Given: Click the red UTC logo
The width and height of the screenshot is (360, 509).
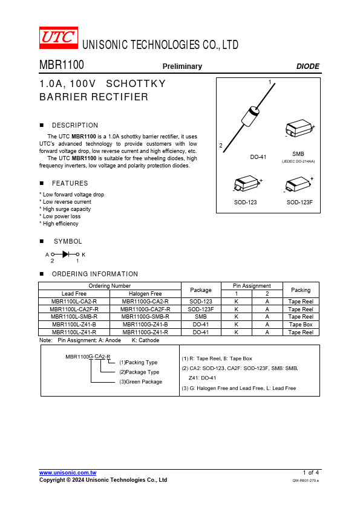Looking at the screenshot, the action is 59,37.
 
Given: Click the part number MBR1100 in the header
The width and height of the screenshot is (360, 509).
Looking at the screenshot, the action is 62,65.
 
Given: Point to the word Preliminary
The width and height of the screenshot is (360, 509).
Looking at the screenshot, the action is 182,66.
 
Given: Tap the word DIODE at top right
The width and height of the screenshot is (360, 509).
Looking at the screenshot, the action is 308,66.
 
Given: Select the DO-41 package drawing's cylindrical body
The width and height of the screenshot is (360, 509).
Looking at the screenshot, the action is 250,116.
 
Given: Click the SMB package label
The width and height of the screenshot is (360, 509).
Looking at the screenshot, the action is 298,154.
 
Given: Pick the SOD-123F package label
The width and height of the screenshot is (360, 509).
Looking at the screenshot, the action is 299,203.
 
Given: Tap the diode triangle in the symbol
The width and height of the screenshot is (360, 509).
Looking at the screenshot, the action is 65,254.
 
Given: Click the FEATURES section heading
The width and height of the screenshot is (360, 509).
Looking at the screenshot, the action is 70,183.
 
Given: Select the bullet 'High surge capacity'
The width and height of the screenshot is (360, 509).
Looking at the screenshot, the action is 67,209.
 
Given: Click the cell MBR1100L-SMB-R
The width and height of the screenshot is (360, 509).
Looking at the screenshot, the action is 74,317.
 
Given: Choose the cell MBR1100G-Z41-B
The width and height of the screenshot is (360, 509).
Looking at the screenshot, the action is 145,324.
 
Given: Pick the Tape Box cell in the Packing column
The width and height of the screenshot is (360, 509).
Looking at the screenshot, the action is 301,324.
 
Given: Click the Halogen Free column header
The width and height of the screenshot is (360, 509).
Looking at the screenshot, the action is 145,293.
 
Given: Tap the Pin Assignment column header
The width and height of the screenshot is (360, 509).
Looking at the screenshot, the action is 252,286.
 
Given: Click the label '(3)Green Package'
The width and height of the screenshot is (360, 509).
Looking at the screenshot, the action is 141,382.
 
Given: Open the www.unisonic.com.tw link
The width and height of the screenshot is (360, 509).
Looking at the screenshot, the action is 68,473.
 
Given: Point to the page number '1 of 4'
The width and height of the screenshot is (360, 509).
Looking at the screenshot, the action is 310,473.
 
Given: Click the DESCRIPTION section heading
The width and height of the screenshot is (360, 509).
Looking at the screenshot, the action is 75,125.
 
